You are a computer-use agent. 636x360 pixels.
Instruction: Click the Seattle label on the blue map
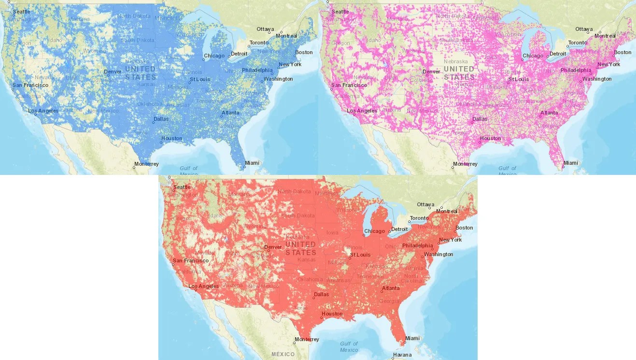(x=21, y=11)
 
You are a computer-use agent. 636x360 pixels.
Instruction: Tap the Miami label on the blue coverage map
(x=252, y=163)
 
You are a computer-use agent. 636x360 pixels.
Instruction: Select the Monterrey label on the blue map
(x=146, y=164)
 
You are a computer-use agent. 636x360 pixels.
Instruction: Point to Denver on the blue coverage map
(x=113, y=72)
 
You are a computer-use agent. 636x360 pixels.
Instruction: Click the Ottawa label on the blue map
(x=265, y=29)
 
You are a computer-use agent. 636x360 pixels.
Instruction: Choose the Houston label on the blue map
(x=171, y=138)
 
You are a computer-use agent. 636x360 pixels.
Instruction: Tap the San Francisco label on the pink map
(x=349, y=85)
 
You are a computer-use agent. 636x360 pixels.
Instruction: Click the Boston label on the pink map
(x=622, y=52)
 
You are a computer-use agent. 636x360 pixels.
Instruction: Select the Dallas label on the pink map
(x=480, y=118)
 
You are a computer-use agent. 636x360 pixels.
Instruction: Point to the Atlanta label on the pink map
(x=549, y=113)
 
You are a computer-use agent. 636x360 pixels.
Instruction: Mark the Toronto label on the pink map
(x=578, y=43)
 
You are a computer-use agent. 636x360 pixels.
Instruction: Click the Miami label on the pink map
(x=570, y=163)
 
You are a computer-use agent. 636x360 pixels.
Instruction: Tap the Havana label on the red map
(x=402, y=355)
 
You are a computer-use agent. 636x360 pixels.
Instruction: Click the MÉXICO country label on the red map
(x=283, y=354)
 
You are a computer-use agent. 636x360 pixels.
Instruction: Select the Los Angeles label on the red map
(x=203, y=286)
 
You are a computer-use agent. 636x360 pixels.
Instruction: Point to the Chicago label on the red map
(x=374, y=231)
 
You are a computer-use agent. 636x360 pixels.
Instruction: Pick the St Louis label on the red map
(x=360, y=255)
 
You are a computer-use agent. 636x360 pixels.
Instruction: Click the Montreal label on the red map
(x=446, y=211)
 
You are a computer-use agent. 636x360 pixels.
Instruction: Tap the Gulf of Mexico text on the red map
(x=349, y=347)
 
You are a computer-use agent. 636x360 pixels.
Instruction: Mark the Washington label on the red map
(x=438, y=254)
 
